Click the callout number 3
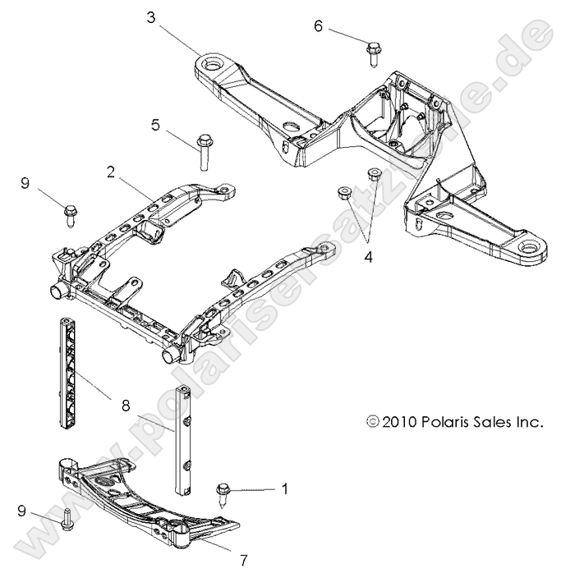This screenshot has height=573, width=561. (151, 16)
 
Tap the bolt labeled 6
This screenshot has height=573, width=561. (371, 53)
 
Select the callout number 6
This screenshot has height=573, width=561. (318, 25)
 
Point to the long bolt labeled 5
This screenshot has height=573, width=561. (203, 151)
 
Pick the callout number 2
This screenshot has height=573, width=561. (110, 172)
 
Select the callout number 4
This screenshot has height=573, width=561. (368, 257)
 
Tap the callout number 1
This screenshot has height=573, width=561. (285, 488)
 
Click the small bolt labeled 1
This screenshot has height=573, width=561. (223, 492)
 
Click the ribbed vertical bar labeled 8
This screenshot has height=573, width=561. (68, 374)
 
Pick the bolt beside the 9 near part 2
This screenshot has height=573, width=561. (71, 215)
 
